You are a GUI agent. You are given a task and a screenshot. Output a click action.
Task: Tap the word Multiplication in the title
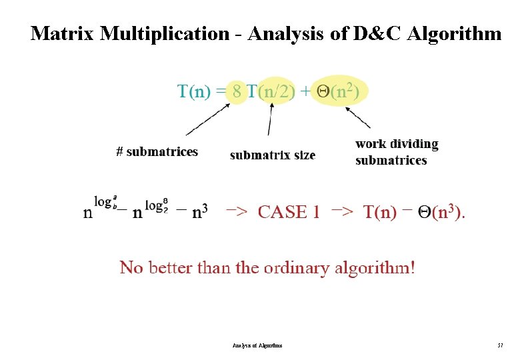[164, 33]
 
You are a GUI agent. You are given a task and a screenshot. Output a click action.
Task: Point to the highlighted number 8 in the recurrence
[236, 91]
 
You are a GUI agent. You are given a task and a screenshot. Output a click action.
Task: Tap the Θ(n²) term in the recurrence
[338, 91]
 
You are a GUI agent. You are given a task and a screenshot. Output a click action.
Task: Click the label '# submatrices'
[157, 152]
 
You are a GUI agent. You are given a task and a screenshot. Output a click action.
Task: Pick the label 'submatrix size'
[272, 155]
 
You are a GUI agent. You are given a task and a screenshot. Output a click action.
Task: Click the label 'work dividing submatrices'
[397, 152]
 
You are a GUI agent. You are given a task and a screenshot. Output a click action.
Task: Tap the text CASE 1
[289, 213]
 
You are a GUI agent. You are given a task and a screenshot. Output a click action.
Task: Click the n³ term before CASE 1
[199, 213]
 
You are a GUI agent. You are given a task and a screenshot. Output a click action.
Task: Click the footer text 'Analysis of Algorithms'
[257, 345]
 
